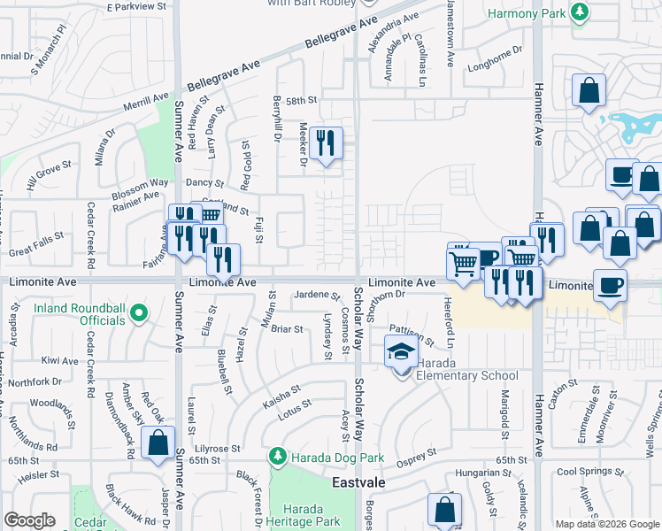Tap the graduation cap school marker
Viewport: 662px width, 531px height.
401,352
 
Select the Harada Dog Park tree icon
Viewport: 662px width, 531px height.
277,456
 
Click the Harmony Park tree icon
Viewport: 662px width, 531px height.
579,12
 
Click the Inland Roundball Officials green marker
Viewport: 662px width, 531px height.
138,312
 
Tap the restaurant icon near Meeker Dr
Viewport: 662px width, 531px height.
327,142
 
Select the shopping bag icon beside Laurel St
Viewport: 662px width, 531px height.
158,443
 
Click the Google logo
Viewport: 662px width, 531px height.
29,520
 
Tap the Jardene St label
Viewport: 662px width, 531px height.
317,295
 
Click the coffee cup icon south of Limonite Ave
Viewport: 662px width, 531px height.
609,286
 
